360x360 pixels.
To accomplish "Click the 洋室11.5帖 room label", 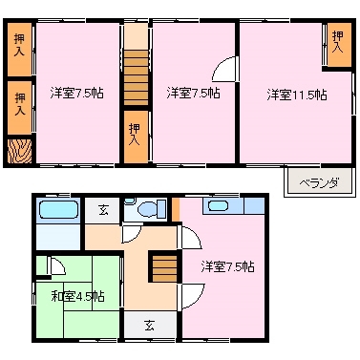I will pos(296,94).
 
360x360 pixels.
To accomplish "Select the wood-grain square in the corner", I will pos(19,151).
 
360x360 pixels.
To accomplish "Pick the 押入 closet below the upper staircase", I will pos(136,135).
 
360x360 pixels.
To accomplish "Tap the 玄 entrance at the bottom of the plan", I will pos(151,325).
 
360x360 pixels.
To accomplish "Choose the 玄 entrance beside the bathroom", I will pos(99,210).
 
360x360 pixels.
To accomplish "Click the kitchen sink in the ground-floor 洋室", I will pos(217,205).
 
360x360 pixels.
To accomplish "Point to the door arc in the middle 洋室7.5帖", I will pos(223,70).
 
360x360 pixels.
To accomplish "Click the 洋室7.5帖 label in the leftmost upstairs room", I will pos(76,93).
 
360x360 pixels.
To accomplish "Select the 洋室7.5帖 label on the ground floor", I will pos(227,266).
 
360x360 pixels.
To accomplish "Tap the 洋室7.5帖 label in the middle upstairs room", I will pos(192,93).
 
